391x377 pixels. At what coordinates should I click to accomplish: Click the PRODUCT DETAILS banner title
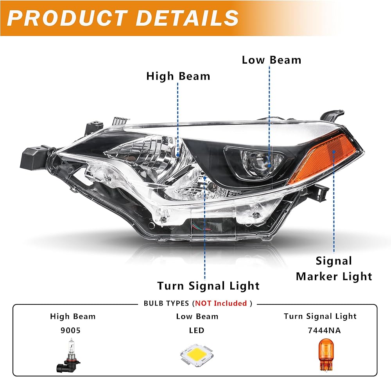pyautogui.click(x=123, y=18)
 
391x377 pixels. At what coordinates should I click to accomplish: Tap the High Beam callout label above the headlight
pyautogui.click(x=178, y=76)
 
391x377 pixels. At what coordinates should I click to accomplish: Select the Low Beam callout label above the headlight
pyautogui.click(x=272, y=60)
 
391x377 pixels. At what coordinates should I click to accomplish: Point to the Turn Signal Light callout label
pyautogui.click(x=208, y=286)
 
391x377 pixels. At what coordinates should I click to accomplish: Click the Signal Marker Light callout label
pyautogui.click(x=334, y=269)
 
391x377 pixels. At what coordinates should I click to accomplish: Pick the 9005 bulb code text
pyautogui.click(x=70, y=330)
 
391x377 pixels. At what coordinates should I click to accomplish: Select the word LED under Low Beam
pyautogui.click(x=197, y=330)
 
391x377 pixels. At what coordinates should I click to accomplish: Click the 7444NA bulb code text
pyautogui.click(x=324, y=330)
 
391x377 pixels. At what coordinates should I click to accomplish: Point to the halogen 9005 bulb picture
pyautogui.click(x=69, y=355)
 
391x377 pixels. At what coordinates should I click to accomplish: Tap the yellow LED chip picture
pyautogui.click(x=197, y=355)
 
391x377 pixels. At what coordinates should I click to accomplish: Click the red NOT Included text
pyautogui.click(x=221, y=303)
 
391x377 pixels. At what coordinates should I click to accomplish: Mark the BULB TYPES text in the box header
pyautogui.click(x=166, y=303)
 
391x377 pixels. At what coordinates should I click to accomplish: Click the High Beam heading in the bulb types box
pyautogui.click(x=73, y=316)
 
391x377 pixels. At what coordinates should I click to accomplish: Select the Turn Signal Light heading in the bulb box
pyautogui.click(x=320, y=316)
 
